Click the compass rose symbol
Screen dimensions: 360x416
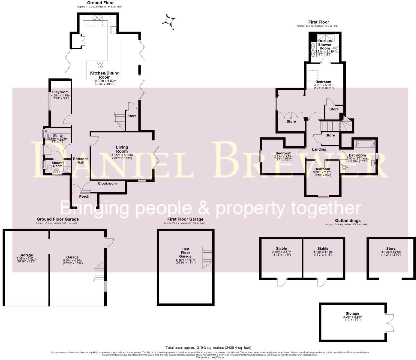coord(169,21)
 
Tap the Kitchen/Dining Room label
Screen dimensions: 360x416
coord(104,75)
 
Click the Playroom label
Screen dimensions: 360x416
coord(60,92)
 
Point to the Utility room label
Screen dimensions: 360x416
coord(58,135)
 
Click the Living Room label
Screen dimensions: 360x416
coord(122,149)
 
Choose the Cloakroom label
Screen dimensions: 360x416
coord(107,183)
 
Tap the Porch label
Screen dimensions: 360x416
coord(84,196)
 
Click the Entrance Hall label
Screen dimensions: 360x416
coord(81,161)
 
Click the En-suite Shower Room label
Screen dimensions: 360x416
coord(324,44)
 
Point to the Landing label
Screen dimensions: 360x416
coord(319,149)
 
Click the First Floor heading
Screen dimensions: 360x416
coord(318,22)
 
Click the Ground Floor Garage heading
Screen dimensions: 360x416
coord(58,219)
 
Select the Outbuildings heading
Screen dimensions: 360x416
coord(348,221)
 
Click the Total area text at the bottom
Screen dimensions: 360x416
coord(208,348)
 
